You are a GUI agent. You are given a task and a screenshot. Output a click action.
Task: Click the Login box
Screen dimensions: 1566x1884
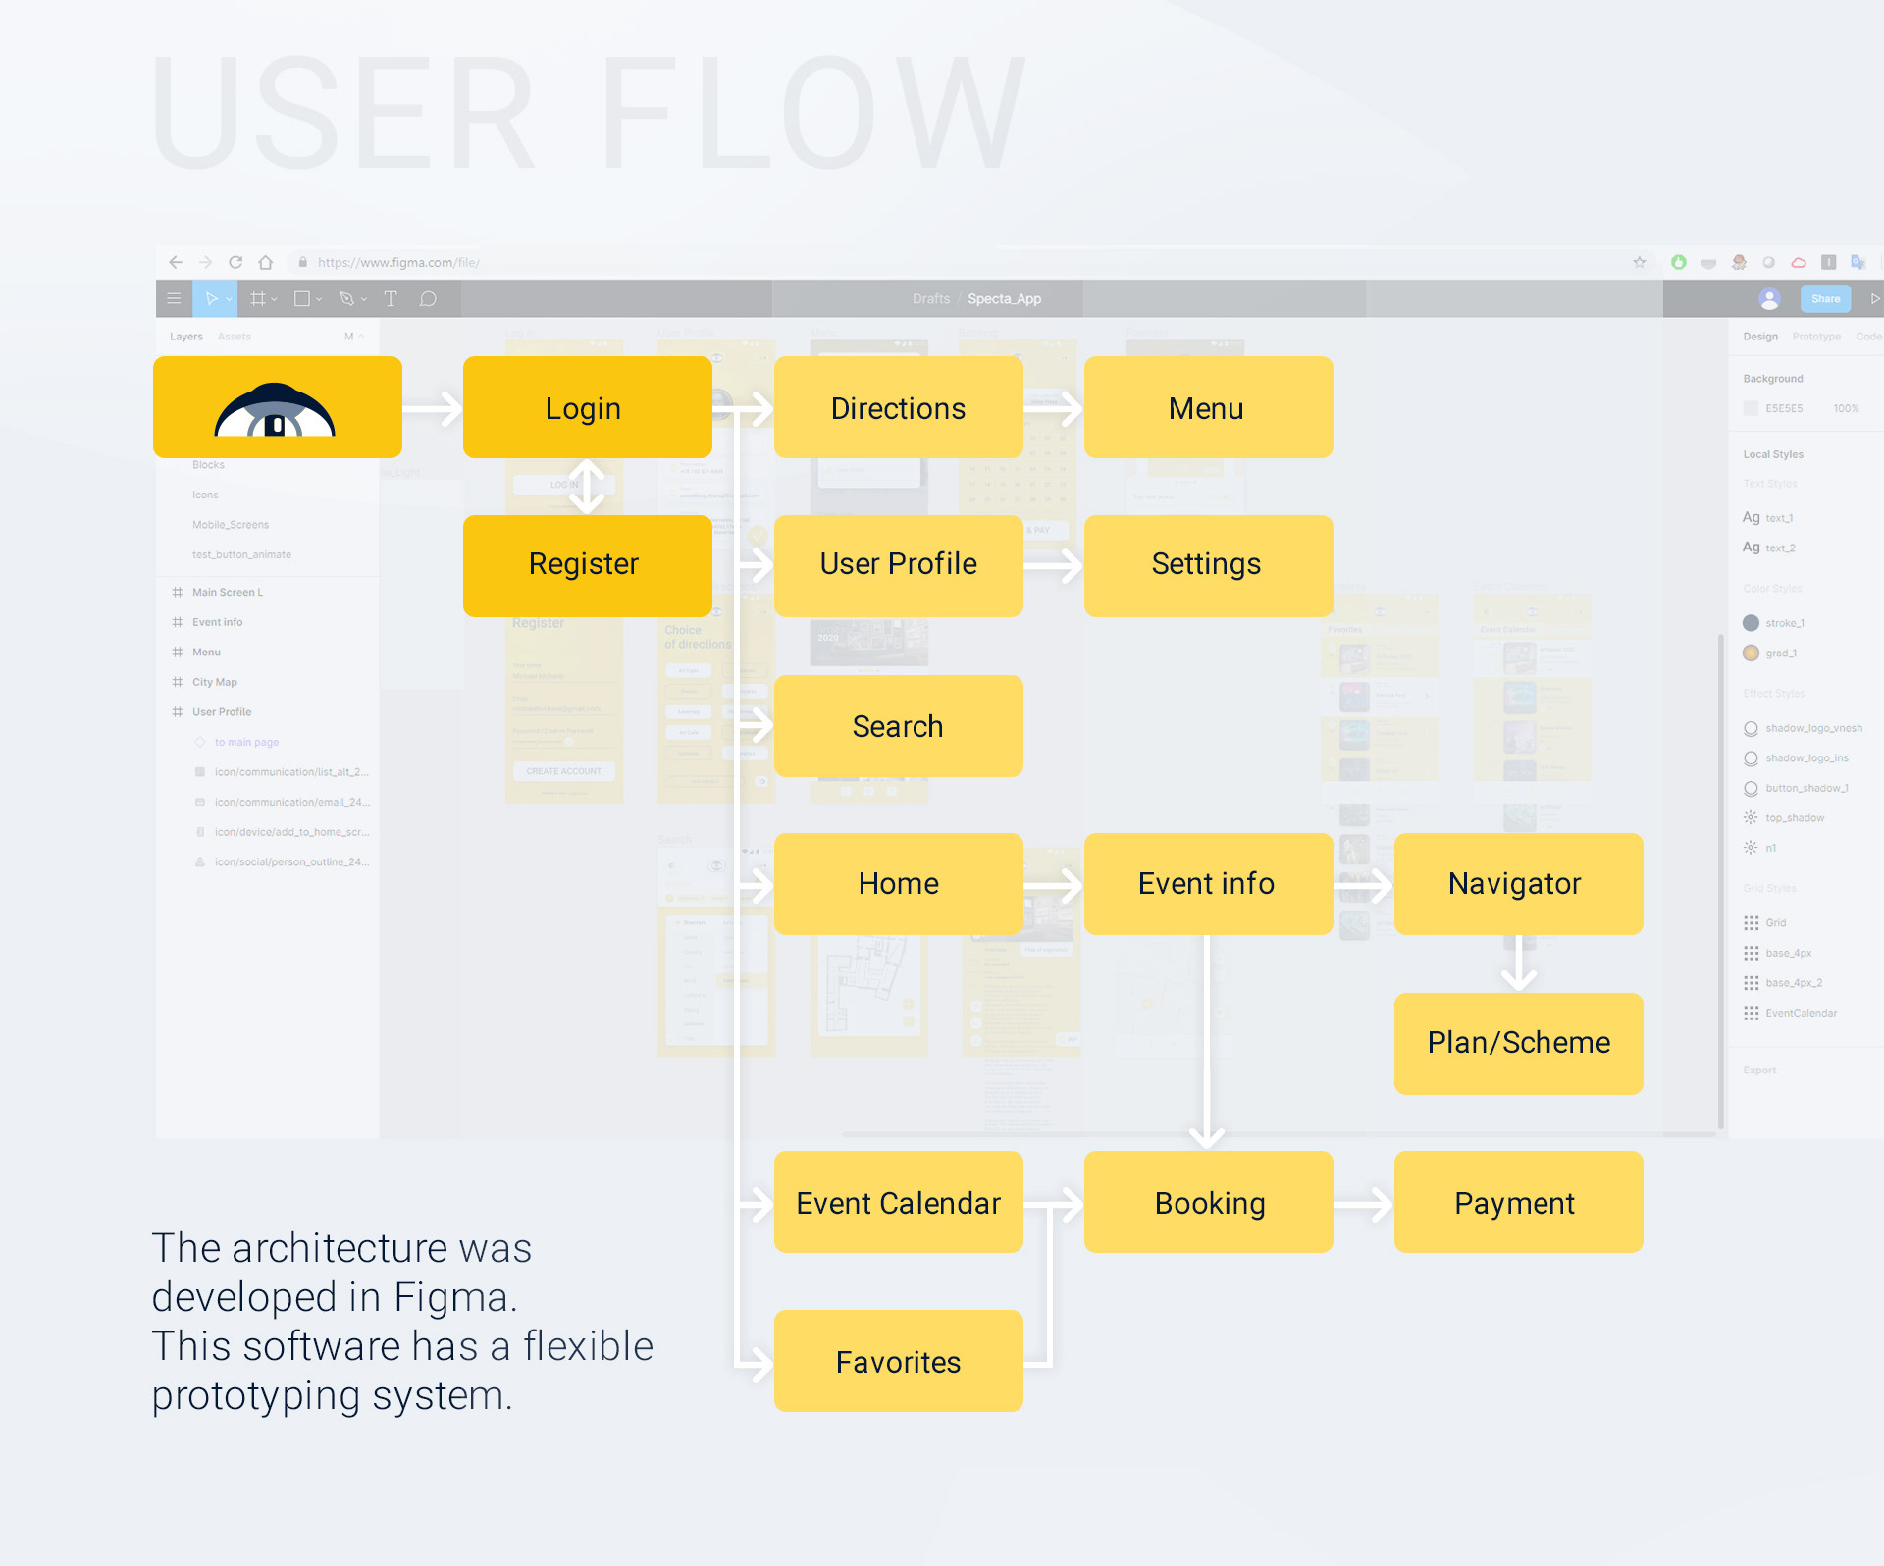[587, 407]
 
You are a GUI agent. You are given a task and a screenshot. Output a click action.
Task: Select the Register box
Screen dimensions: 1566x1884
[587, 565]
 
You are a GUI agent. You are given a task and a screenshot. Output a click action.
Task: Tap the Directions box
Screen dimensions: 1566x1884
[898, 407]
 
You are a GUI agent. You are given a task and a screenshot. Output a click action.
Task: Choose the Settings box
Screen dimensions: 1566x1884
[1208, 565]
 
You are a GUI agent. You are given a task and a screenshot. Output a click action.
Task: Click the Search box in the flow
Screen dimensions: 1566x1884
[898, 726]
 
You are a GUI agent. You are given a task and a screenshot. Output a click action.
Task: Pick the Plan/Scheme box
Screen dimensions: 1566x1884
[1518, 1043]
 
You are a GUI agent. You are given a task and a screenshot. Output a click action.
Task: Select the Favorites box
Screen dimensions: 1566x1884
[898, 1361]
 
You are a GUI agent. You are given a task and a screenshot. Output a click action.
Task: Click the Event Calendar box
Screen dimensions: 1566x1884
[898, 1202]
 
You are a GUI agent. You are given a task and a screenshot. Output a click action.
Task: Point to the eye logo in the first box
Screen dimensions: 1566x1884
[276, 410]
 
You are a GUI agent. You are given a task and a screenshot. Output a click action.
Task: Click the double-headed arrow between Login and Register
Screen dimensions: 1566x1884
[587, 487]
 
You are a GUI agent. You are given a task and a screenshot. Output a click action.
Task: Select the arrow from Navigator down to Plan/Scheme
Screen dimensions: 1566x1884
[1518, 964]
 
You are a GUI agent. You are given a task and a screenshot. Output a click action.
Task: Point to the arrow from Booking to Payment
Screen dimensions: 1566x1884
[1364, 1204]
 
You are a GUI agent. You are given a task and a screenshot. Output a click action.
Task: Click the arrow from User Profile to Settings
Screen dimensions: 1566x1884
[1054, 565]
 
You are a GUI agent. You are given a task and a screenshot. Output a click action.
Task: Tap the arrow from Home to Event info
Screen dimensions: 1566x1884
[1054, 885]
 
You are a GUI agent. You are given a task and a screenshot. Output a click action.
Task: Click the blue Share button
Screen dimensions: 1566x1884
[1825, 299]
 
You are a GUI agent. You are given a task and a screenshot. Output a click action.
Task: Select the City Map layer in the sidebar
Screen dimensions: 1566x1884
[215, 682]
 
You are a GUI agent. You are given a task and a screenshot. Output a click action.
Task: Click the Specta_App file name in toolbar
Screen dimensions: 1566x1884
[1004, 299]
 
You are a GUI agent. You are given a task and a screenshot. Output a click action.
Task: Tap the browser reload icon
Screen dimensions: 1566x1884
[235, 262]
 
